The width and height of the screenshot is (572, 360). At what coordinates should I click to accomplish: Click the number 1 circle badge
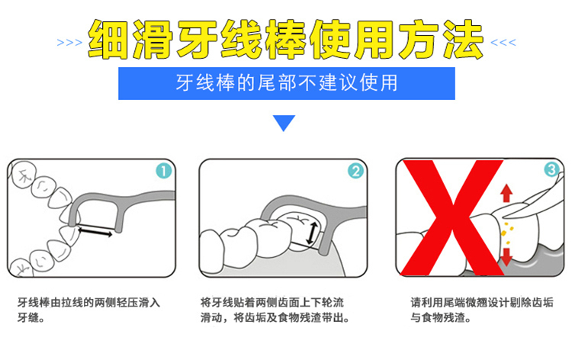[163, 171]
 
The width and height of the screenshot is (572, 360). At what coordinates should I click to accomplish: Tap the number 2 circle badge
[355, 171]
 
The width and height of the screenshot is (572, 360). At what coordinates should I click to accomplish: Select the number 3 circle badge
[551, 169]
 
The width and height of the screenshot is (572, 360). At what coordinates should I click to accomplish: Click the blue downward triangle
[284, 123]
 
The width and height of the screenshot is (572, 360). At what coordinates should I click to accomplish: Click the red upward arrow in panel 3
[506, 193]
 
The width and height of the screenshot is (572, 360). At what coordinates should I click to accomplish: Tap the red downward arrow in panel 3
[506, 257]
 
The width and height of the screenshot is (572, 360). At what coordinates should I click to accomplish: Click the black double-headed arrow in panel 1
[95, 232]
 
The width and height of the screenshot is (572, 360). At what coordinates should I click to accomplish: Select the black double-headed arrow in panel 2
[311, 233]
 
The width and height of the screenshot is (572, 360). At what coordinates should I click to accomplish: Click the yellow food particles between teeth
[506, 233]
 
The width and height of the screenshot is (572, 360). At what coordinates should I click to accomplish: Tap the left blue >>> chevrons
[69, 43]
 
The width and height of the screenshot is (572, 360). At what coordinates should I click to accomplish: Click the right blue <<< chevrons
[503, 43]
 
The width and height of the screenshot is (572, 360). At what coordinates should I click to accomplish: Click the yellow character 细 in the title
[108, 40]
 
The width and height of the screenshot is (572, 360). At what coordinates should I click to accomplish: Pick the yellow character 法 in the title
[463, 40]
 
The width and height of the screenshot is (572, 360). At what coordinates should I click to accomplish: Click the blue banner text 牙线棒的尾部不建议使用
[287, 83]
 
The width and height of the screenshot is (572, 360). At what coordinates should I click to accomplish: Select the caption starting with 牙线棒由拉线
[88, 310]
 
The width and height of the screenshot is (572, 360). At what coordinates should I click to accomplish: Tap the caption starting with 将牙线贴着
[275, 310]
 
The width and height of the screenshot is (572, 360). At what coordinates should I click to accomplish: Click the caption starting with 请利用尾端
[481, 310]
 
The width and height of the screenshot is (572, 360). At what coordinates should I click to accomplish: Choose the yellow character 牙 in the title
[198, 40]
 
